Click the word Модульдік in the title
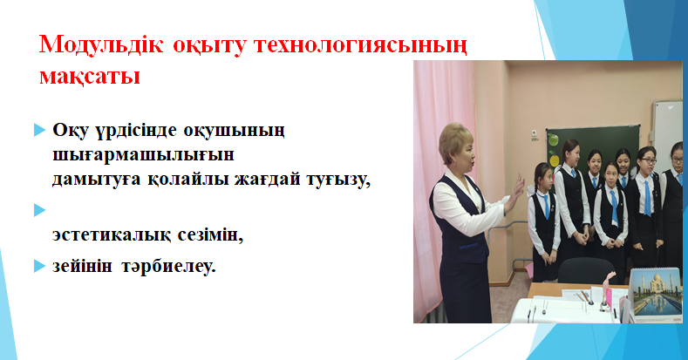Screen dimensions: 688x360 tap(101, 45)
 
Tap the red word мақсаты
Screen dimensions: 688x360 tap(90, 76)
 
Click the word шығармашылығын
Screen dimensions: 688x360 tap(144, 156)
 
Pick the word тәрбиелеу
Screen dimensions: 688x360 tap(168, 266)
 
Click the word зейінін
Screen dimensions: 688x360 tap(83, 266)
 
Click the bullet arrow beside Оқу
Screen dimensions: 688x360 tap(39, 130)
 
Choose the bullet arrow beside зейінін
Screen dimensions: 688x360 tap(39, 266)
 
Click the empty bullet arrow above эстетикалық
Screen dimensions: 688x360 tap(39, 210)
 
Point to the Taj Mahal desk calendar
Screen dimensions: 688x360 tap(656, 292)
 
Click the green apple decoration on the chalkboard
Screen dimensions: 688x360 tap(553, 139)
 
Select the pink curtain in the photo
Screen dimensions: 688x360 tap(442, 184)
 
